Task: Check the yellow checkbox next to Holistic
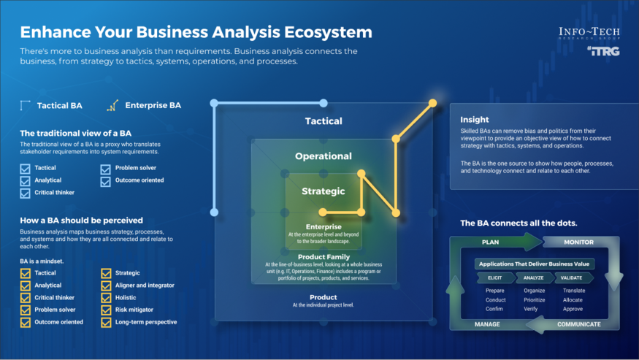click(106, 298)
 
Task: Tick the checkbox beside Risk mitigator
click(106, 310)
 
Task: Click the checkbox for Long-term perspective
click(106, 322)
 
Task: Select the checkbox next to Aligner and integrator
click(106, 286)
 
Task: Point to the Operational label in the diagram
click(323, 156)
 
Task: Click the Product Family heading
click(323, 257)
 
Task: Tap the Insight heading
click(474, 120)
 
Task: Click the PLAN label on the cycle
click(490, 242)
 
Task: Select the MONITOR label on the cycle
click(578, 242)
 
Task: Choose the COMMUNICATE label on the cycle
click(579, 324)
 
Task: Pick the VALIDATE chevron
click(573, 278)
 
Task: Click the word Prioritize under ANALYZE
click(535, 299)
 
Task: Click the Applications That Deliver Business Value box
click(534, 264)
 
